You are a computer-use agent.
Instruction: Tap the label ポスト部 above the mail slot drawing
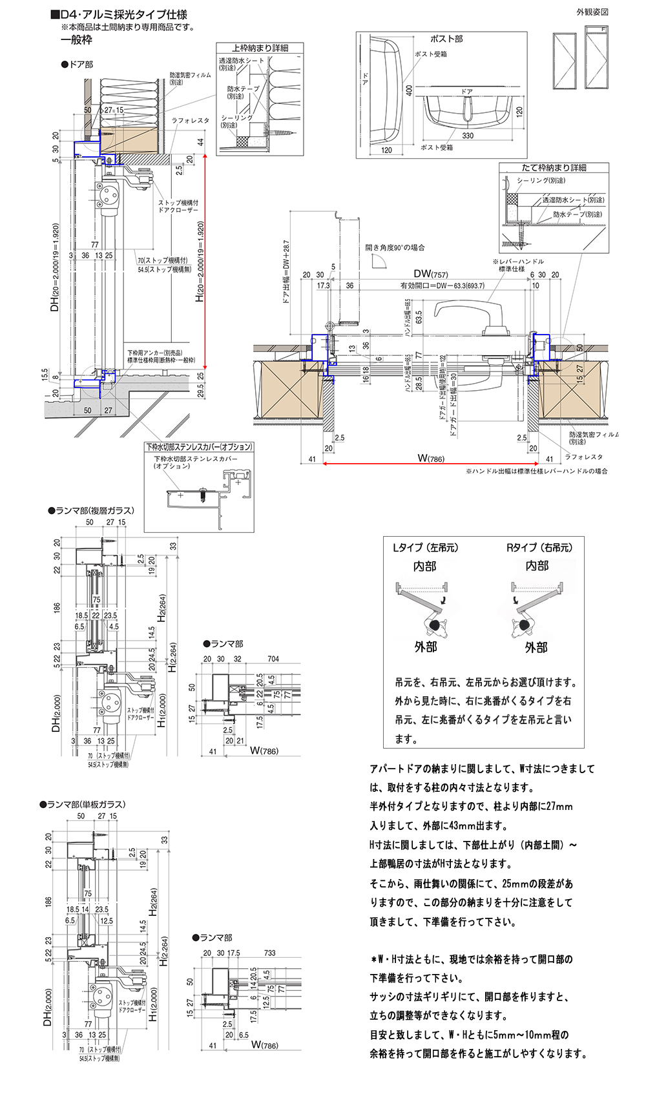[446, 39]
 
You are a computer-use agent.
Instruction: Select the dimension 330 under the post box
[468, 136]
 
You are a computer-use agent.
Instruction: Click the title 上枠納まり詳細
[260, 48]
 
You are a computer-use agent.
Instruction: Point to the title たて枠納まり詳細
[554, 167]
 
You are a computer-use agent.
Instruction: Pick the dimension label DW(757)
[431, 274]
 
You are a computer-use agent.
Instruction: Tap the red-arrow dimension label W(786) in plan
[431, 459]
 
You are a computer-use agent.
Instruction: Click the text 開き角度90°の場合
[395, 247]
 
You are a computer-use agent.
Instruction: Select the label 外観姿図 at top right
[592, 12]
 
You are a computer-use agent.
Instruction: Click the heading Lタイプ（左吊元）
[425, 548]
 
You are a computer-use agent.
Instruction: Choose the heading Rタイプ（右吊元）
[539, 548]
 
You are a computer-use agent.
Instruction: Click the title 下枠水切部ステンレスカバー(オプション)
[199, 447]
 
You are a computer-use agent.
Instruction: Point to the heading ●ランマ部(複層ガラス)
[91, 510]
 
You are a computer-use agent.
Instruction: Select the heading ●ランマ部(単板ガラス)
[83, 804]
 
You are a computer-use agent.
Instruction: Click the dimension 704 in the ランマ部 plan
[273, 659]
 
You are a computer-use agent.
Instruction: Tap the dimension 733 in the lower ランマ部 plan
[269, 953]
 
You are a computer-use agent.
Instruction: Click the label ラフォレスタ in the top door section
[191, 121]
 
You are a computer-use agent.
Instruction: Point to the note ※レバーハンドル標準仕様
[518, 265]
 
